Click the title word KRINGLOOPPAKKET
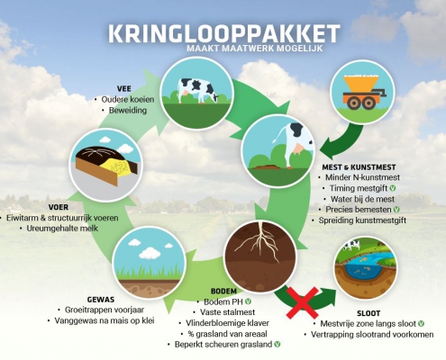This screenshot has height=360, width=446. [224, 33]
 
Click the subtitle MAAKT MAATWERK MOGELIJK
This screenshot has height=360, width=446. [255, 48]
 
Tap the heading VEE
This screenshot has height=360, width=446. [124, 89]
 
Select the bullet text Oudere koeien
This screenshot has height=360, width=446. [128, 99]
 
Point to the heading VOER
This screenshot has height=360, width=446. [59, 207]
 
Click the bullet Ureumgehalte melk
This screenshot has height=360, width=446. [62, 229]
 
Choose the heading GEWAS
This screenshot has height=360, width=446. [101, 300]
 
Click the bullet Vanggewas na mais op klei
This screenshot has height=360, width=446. [105, 320]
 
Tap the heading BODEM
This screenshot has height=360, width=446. [223, 292]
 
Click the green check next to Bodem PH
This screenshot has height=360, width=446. [248, 301]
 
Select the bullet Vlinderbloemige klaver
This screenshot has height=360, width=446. [227, 323]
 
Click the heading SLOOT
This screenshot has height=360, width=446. [369, 313]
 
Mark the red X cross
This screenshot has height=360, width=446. [302, 302]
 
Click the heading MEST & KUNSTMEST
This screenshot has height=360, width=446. [359, 167]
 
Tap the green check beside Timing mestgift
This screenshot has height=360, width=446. [392, 188]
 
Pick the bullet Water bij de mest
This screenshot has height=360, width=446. [362, 199]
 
